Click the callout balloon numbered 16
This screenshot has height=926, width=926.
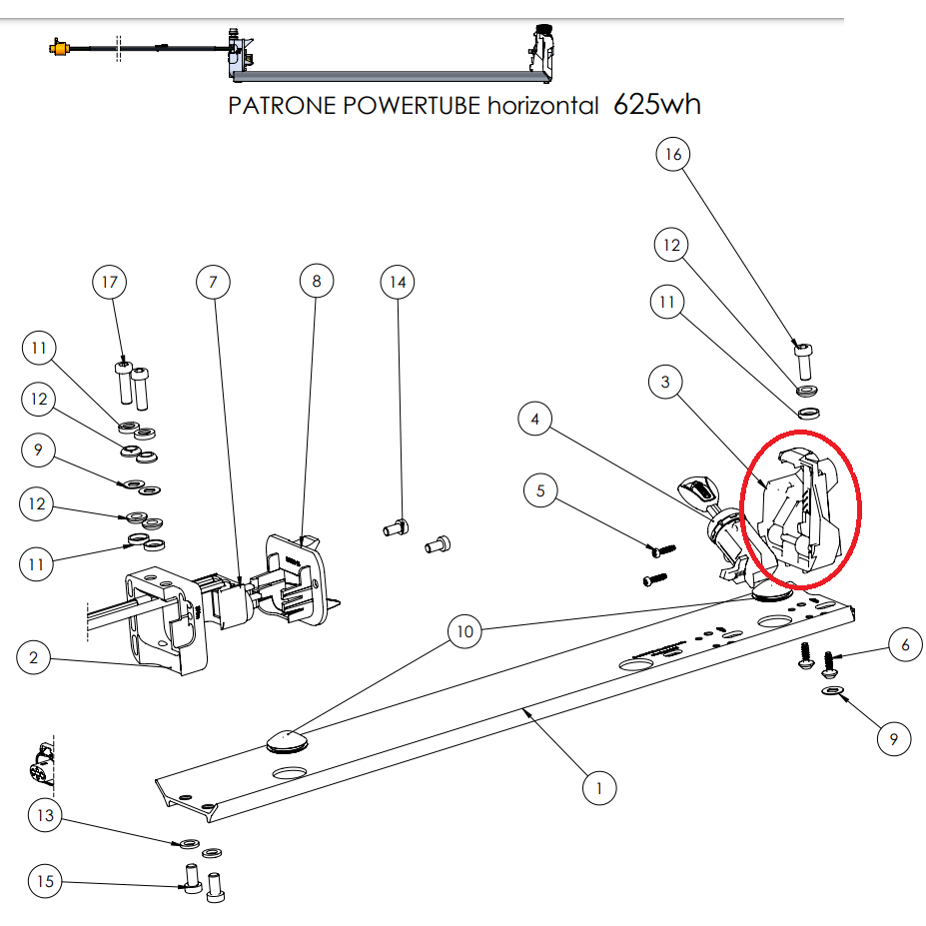(673, 155)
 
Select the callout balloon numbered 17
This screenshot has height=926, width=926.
(110, 283)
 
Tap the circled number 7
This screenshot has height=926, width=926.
(213, 283)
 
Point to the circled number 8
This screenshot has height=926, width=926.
(317, 282)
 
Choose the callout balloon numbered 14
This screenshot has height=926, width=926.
(398, 283)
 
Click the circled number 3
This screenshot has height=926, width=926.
(665, 382)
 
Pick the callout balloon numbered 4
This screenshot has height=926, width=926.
(535, 420)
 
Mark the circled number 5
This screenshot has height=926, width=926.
(540, 490)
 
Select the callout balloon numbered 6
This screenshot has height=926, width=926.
(905, 645)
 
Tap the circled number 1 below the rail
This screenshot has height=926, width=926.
(599, 788)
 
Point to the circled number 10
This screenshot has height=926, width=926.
(464, 631)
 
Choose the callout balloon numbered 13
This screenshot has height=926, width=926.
(45, 816)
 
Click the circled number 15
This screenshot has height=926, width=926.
(45, 881)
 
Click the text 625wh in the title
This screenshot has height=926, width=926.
(656, 104)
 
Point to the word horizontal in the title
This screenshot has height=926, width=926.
(542, 106)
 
